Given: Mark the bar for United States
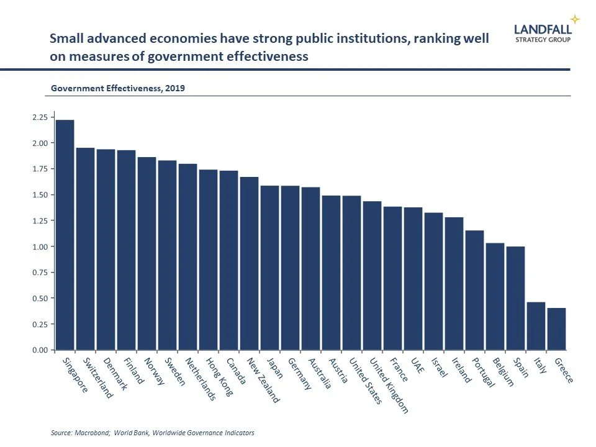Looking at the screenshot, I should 352,273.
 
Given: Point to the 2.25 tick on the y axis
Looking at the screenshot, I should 39,117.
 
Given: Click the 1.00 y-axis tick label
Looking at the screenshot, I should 39,246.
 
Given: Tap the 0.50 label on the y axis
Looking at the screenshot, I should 39,298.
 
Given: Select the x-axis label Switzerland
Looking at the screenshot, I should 97,377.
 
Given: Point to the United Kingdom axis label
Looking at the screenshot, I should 388,385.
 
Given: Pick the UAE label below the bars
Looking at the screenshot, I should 417,366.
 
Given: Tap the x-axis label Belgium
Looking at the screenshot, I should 502,372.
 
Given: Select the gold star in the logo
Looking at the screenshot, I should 575,19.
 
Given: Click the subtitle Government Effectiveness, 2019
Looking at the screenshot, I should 117,88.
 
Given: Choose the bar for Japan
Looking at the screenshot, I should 270,268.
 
